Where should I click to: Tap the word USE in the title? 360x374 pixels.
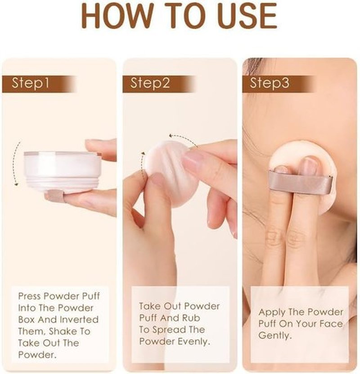coord(247,16)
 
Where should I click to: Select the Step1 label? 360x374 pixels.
coord(31,83)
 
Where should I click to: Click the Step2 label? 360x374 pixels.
coord(150,83)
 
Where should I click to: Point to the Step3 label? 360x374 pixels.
coord(270,83)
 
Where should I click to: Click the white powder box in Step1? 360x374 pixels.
coord(63,171)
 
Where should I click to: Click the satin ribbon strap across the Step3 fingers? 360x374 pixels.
coord(300,181)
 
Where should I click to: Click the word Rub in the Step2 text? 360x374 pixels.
coord(191,318)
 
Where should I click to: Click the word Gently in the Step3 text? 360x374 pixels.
coord(275,336)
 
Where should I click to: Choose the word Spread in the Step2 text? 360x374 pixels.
coord(169,330)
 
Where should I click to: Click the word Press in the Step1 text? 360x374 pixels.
coord(30,296)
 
